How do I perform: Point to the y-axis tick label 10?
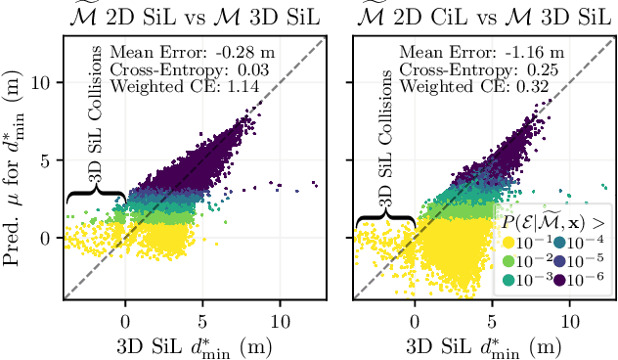pyautogui.click(x=45, y=82)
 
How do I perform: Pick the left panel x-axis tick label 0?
pyautogui.click(x=125, y=319)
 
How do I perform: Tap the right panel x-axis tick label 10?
pyautogui.click(x=569, y=319)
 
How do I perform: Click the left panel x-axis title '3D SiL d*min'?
pyautogui.click(x=193, y=345)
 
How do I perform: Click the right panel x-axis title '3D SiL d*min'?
pyautogui.click(x=483, y=345)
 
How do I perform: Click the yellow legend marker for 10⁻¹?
pyautogui.click(x=508, y=243)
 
